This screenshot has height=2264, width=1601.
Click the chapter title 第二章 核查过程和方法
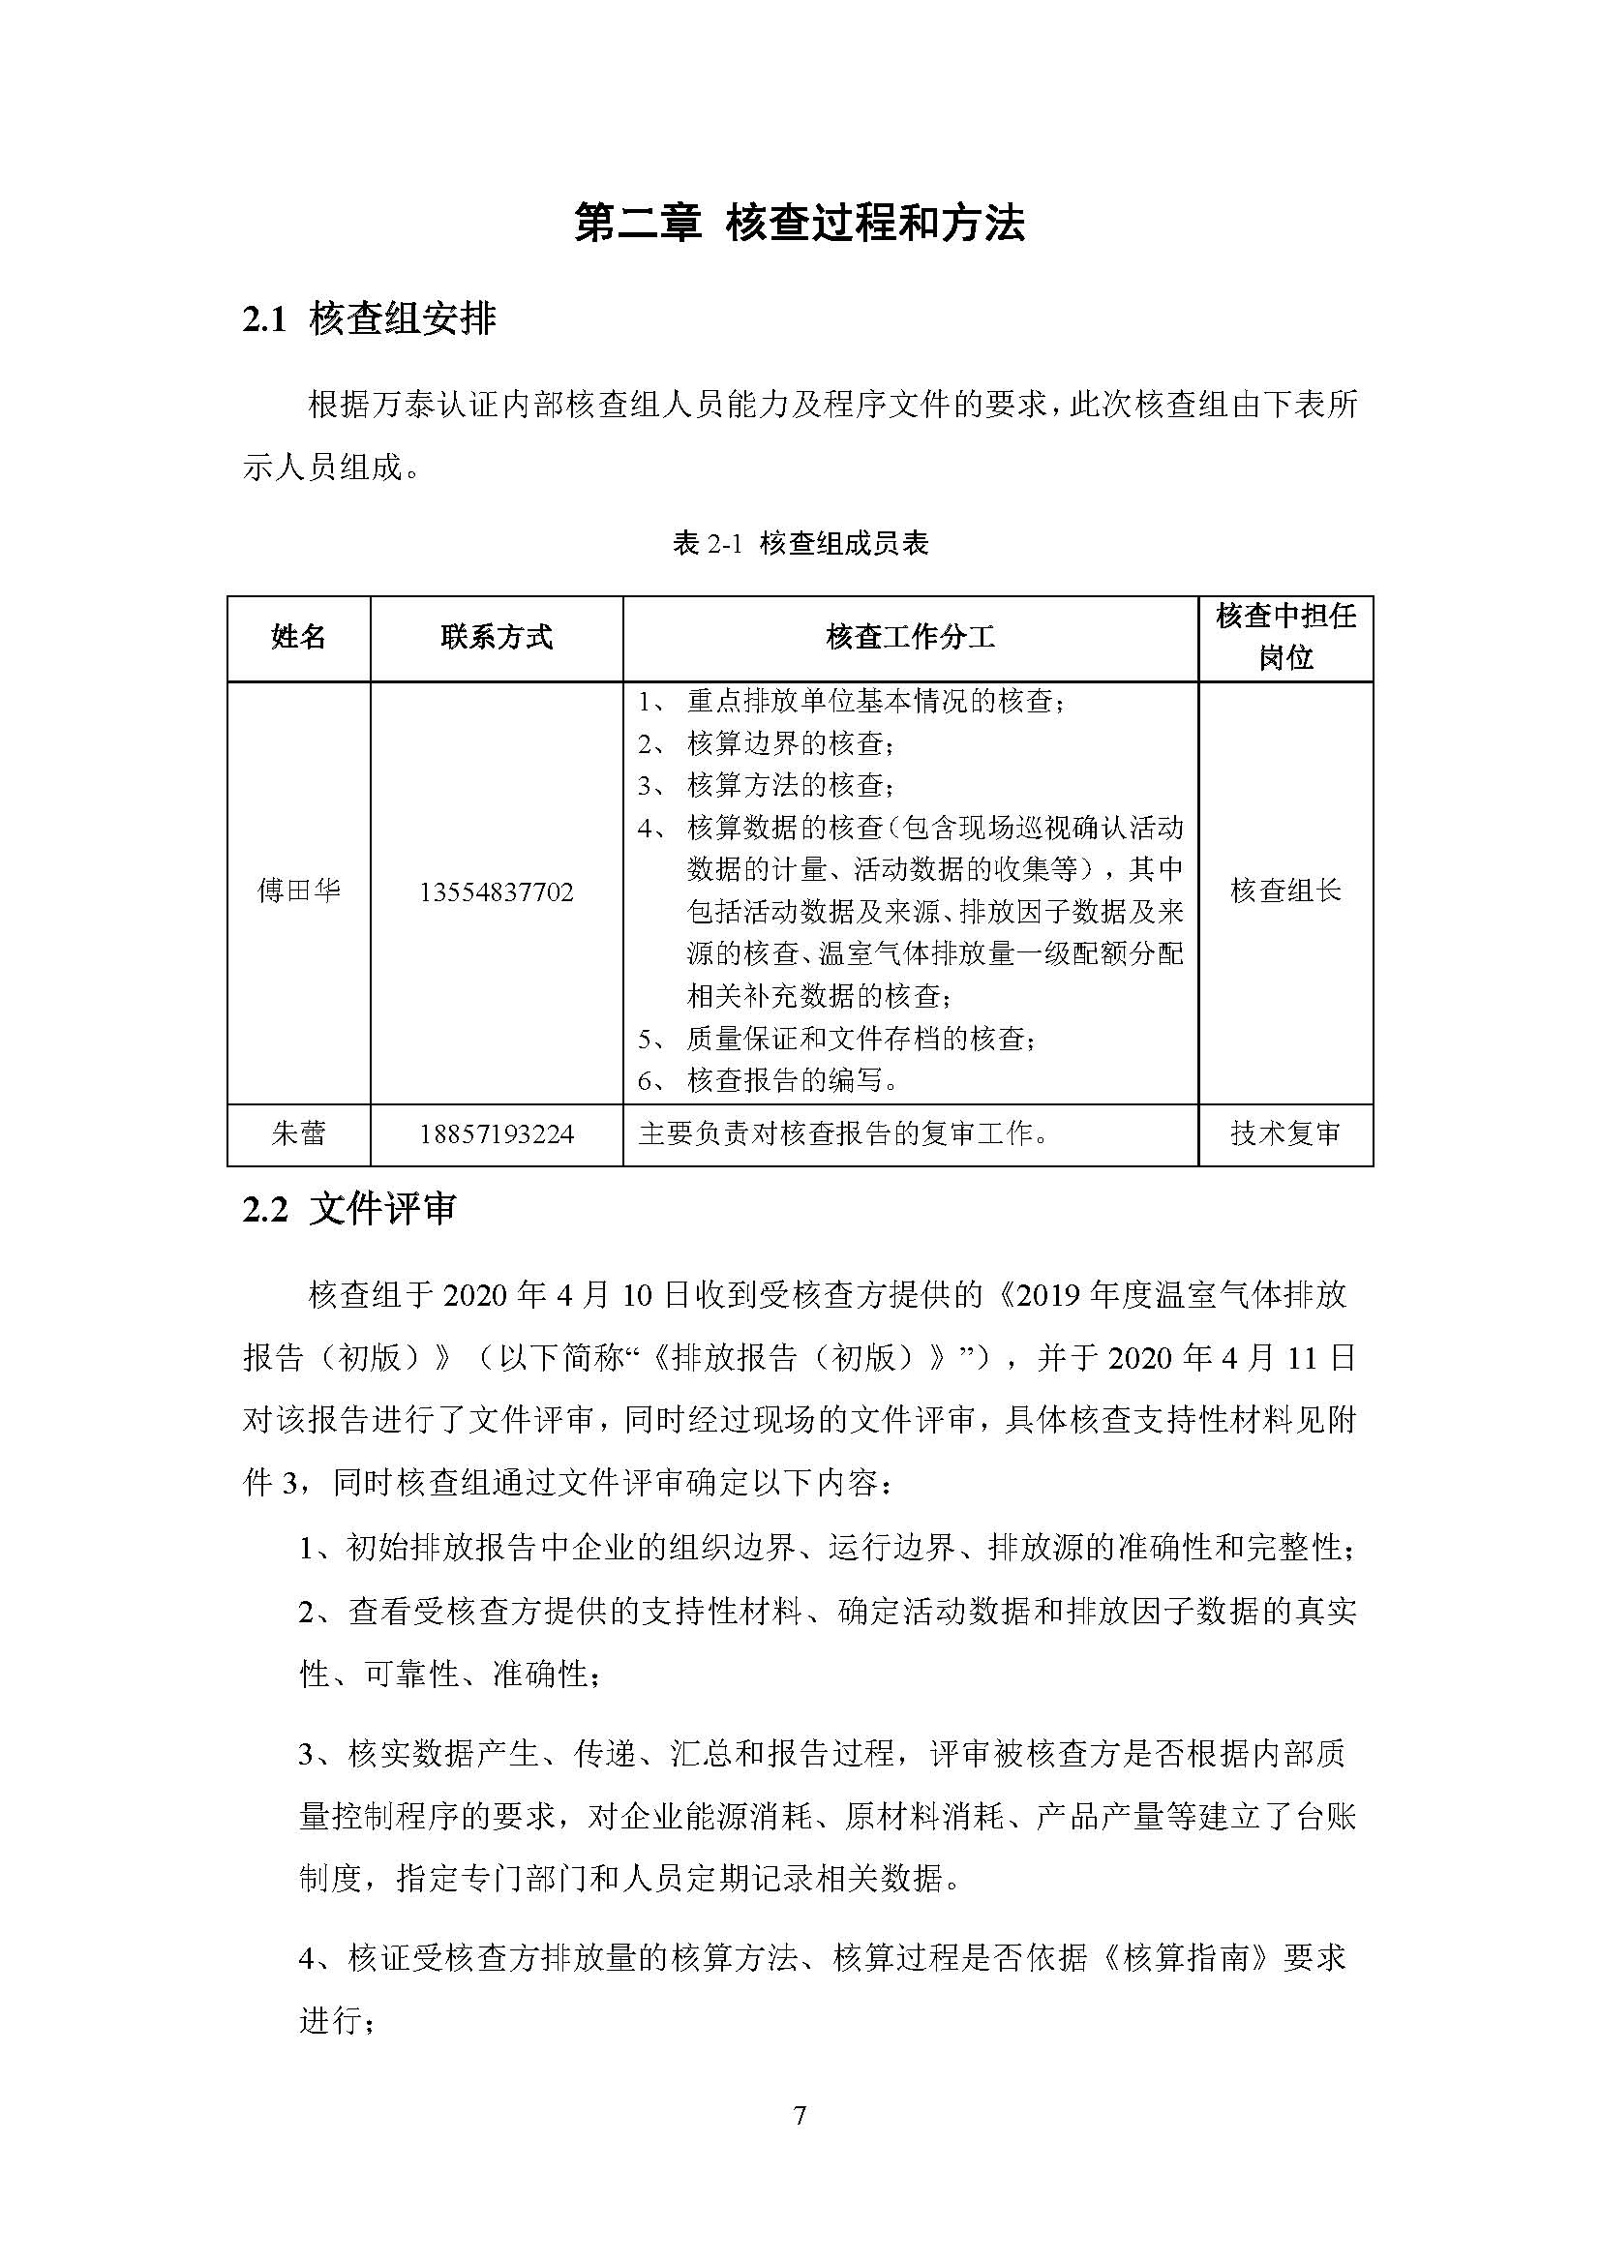tap(800, 223)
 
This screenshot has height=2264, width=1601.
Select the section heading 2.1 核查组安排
tap(370, 319)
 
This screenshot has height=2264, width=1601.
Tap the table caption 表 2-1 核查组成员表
tap(800, 543)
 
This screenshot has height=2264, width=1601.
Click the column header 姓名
tap(299, 638)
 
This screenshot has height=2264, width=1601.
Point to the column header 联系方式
tap(496, 638)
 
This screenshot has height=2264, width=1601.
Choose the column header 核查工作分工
tap(910, 638)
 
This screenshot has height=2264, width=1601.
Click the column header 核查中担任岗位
tap(1285, 637)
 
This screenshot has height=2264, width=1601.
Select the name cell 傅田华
tap(299, 891)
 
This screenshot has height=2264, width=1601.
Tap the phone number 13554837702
tap(496, 892)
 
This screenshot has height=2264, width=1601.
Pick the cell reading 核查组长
tap(1285, 891)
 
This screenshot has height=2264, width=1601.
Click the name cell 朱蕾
tap(299, 1134)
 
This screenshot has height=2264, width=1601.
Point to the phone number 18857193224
tap(496, 1135)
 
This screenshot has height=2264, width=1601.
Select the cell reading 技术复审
tap(1285, 1134)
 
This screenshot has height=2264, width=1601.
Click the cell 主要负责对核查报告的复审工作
tap(844, 1134)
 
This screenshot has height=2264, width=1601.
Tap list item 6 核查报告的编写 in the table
tap(794, 1081)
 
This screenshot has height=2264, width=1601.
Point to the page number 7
tap(800, 2116)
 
